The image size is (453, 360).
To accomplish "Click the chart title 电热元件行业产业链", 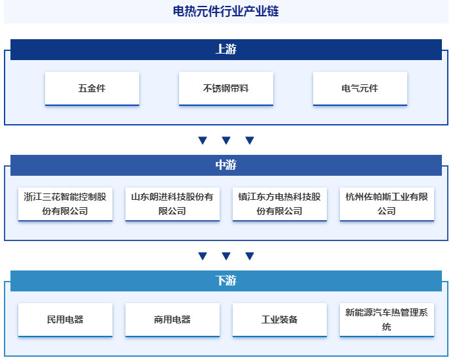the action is tap(226, 11).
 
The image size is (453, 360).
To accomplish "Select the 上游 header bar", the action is tap(226, 50).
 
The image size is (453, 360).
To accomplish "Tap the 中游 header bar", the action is tap(226, 165).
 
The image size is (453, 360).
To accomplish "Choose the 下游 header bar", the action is tap(226, 280).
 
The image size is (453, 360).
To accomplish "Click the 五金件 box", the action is tap(92, 88).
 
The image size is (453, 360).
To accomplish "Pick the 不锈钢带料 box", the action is tap(226, 88).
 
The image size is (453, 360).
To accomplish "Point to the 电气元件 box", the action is tap(360, 88).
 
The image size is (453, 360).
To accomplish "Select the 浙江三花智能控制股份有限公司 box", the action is tap(65, 204).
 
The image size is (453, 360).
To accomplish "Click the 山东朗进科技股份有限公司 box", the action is tap(172, 204).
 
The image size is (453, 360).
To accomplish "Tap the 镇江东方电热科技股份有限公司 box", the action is tap(279, 204).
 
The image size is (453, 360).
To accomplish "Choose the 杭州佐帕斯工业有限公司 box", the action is tap(387, 204).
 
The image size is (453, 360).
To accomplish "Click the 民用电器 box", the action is tap(65, 319).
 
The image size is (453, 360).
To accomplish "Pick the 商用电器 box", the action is tap(172, 319).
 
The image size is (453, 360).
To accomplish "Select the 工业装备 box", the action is tap(279, 319).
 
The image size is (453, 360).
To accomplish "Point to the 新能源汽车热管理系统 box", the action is tap(387, 319).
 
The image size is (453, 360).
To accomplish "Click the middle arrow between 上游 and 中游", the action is tap(226, 140).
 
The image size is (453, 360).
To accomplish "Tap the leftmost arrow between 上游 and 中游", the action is tap(203, 140).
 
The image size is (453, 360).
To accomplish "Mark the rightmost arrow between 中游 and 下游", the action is tap(250, 255).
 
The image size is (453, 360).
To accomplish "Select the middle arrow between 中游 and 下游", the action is tap(226, 255).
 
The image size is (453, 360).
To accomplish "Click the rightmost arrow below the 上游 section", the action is tap(250, 140).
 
